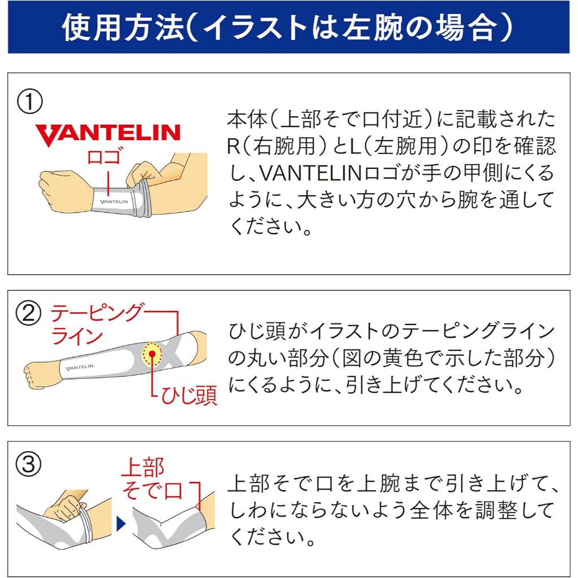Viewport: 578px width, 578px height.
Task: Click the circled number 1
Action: [x=29, y=102]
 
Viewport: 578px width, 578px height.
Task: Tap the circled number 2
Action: [x=28, y=313]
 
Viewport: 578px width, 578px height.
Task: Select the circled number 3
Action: [x=28, y=464]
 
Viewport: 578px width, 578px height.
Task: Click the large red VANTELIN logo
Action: [x=108, y=135]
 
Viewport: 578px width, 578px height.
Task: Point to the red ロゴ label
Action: [x=104, y=156]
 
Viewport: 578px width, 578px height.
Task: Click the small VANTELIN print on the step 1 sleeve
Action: [x=114, y=202]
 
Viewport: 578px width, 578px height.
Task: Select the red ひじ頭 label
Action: [x=189, y=396]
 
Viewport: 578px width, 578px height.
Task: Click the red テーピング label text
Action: [x=96, y=313]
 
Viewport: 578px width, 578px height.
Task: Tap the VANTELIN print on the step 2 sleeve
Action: [x=80, y=367]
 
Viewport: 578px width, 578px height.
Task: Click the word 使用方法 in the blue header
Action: [x=123, y=28]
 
